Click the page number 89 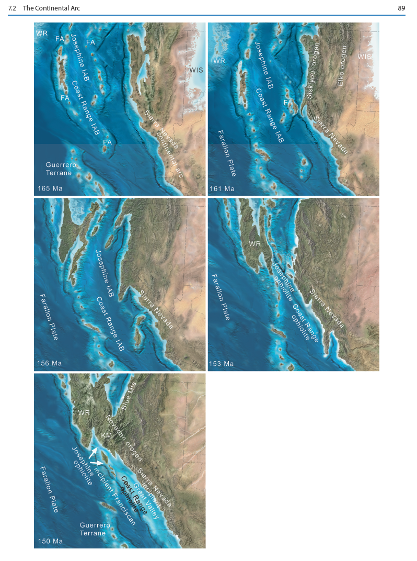[x=401, y=8]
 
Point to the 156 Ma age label [x=50, y=363]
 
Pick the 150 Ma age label [x=50, y=541]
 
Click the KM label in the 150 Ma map [x=106, y=435]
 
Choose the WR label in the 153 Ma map [x=254, y=244]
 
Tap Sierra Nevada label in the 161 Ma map [x=331, y=134]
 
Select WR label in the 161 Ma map [x=219, y=61]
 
